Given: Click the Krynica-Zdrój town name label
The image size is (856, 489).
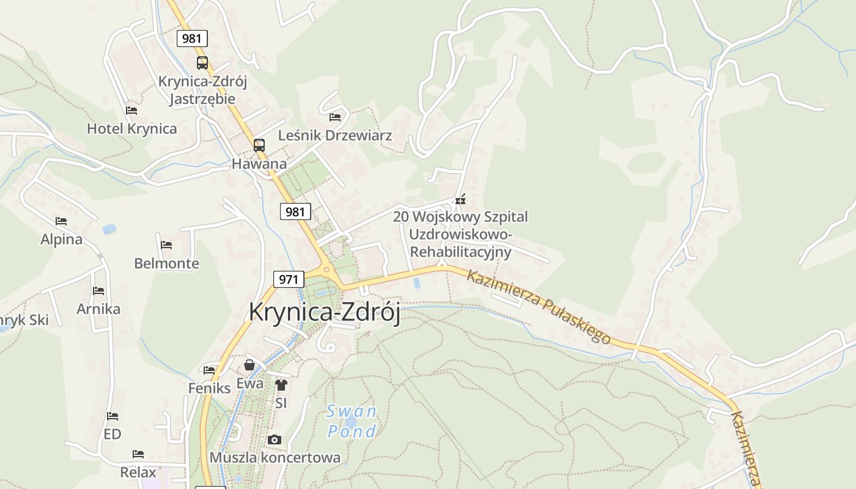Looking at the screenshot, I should [x=324, y=312].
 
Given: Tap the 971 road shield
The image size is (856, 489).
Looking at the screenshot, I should [x=288, y=280].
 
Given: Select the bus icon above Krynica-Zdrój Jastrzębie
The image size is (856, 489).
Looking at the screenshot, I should [x=202, y=62].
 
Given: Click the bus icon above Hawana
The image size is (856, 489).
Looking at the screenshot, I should [x=259, y=145].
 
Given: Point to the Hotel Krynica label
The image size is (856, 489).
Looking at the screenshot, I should [x=131, y=128].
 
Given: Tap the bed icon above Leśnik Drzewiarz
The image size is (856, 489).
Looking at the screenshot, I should [x=335, y=117].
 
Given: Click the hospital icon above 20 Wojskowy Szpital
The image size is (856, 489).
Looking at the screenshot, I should [x=460, y=199].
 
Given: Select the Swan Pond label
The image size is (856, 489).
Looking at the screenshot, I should [x=352, y=421].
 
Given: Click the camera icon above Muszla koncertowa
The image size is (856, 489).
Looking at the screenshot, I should [x=275, y=439].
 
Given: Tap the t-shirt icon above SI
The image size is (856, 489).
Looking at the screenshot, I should [x=281, y=385].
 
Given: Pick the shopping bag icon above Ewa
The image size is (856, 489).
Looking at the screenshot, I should [x=249, y=365].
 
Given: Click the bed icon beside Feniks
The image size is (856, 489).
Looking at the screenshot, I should [x=209, y=370].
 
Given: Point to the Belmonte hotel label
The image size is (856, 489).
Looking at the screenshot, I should [x=166, y=263].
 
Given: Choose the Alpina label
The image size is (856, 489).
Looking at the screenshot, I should [x=61, y=239].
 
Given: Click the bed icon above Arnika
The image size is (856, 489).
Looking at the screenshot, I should [x=98, y=291].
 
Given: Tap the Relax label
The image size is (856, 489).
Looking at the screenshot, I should [x=138, y=472].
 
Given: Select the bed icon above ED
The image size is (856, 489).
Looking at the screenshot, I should [x=113, y=416].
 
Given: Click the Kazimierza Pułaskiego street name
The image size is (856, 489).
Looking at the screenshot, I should [x=539, y=306].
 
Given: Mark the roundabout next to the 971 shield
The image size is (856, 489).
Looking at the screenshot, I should [x=327, y=270].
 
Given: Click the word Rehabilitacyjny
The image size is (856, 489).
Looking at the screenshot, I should [x=460, y=251].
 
